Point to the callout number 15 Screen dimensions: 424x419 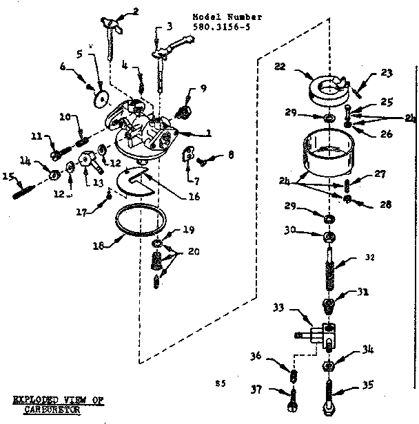[8, 176]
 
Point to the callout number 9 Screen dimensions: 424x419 [204, 87]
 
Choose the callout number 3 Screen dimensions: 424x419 [170, 27]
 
